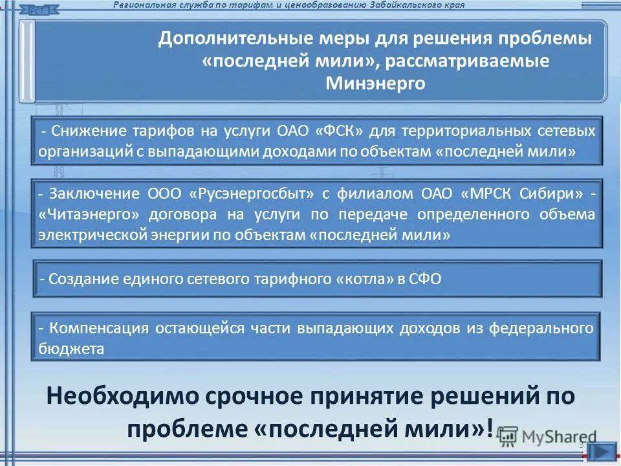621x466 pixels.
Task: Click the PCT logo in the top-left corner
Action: (41, 9)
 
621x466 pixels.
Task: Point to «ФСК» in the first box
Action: (342, 131)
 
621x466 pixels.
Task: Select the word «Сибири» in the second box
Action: (554, 194)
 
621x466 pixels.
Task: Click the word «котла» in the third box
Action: (362, 279)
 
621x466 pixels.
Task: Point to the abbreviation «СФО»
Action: (426, 279)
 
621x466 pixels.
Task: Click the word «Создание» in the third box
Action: (78, 279)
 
